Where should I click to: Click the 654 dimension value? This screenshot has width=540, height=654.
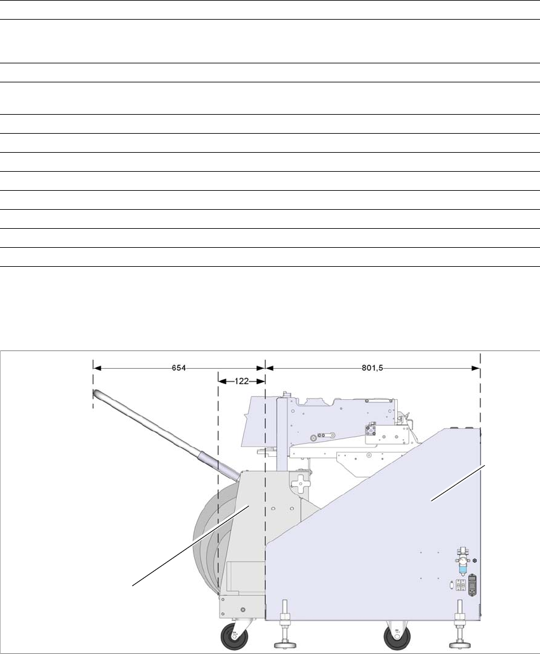point(179,368)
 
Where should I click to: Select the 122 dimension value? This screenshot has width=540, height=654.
point(242,381)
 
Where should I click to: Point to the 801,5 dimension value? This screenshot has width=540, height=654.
point(372,368)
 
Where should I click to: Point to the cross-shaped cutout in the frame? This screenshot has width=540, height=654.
point(300,484)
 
